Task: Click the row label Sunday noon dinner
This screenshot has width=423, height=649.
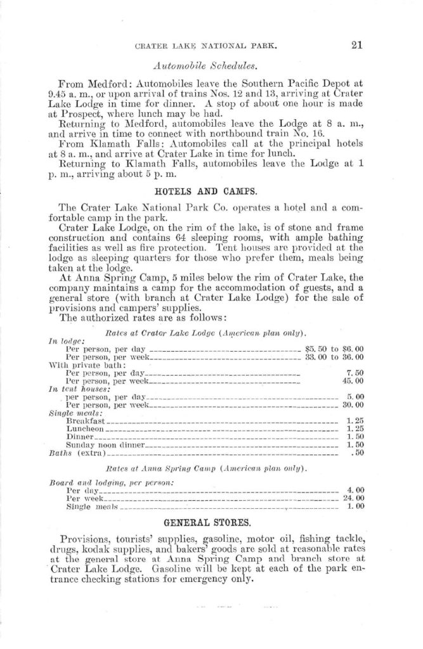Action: (x=106, y=445)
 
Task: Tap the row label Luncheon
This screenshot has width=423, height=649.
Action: (x=84, y=428)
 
